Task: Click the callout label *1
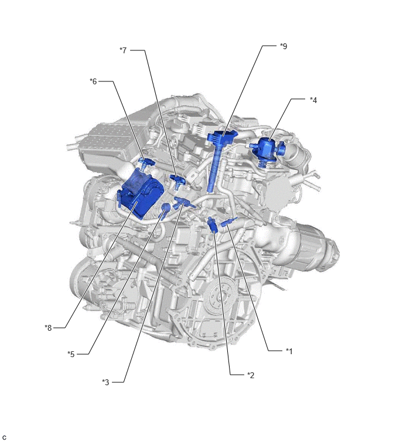(x=289, y=351)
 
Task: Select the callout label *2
(x=251, y=375)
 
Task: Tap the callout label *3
(x=105, y=382)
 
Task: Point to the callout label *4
(x=313, y=100)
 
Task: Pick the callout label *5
(x=71, y=354)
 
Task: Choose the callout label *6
(x=93, y=81)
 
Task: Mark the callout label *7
(x=123, y=50)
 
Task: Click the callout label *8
(x=48, y=328)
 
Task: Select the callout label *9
(x=284, y=46)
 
